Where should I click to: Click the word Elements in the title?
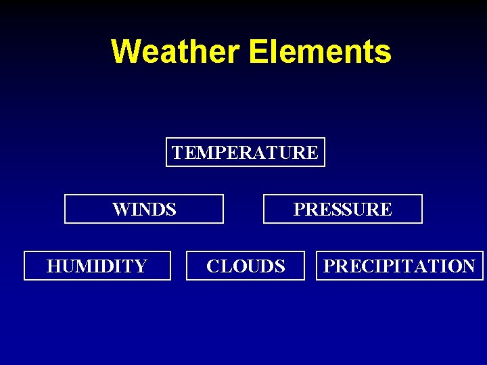point(320,51)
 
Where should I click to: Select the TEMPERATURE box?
point(245,152)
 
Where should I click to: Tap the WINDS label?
point(144,210)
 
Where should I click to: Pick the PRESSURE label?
point(342,210)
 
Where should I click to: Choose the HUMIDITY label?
point(97,266)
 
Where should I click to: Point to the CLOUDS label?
point(246,266)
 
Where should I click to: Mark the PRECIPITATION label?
point(399,266)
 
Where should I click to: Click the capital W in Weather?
point(126,51)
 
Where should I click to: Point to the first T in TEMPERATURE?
point(177,153)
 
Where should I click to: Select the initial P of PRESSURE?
point(298,210)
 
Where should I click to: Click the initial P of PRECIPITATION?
point(329,266)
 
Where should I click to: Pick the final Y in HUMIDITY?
point(141,266)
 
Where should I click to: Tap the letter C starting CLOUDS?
point(212,266)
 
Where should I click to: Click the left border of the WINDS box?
point(65,209)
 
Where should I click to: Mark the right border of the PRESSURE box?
point(421,209)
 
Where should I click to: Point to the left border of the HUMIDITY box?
point(24,265)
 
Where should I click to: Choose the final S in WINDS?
point(172,210)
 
